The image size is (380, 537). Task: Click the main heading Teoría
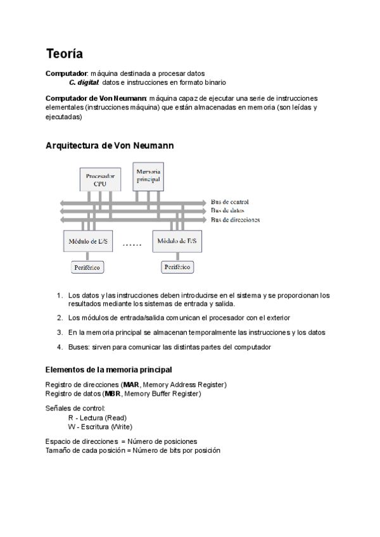click(64, 54)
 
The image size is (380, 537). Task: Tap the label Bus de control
click(230, 202)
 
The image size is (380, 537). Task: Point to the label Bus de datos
click(227, 210)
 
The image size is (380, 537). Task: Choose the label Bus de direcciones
click(235, 220)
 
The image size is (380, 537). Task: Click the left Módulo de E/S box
click(88, 241)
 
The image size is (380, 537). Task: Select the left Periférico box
click(87, 267)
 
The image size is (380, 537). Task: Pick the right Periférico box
click(177, 267)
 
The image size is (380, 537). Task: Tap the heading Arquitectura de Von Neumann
click(110, 146)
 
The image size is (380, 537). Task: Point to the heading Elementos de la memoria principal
click(109, 370)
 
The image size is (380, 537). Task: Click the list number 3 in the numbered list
click(59, 332)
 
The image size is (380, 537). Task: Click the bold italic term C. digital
click(84, 82)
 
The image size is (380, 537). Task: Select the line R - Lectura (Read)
click(97, 418)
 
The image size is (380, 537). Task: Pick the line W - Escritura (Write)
click(99, 427)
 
